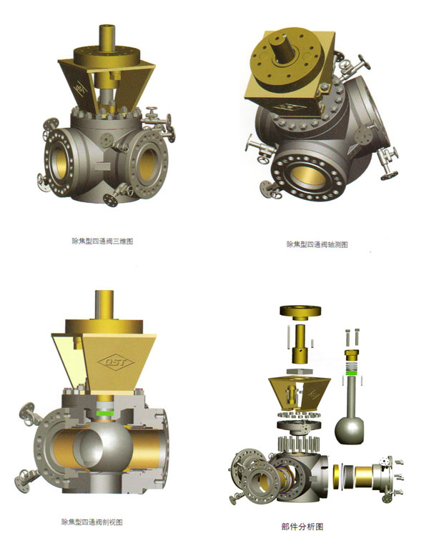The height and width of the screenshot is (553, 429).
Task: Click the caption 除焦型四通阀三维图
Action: pyautogui.click(x=102, y=241)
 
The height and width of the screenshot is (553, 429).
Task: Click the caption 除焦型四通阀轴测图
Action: pyautogui.click(x=317, y=244)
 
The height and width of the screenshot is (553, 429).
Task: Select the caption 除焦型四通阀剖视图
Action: pyautogui.click(x=92, y=522)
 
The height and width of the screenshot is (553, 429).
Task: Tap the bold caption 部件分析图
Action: pyautogui.click(x=302, y=527)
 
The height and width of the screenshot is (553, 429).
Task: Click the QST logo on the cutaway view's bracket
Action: pyautogui.click(x=116, y=362)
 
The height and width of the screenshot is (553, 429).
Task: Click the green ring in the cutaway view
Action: pyautogui.click(x=105, y=413)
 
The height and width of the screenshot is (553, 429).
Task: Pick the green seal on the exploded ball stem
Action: pyautogui.click(x=351, y=372)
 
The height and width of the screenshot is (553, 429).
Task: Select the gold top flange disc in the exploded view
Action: pyautogui.click(x=300, y=311)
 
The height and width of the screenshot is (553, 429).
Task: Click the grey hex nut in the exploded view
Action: pyautogui.click(x=300, y=372)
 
